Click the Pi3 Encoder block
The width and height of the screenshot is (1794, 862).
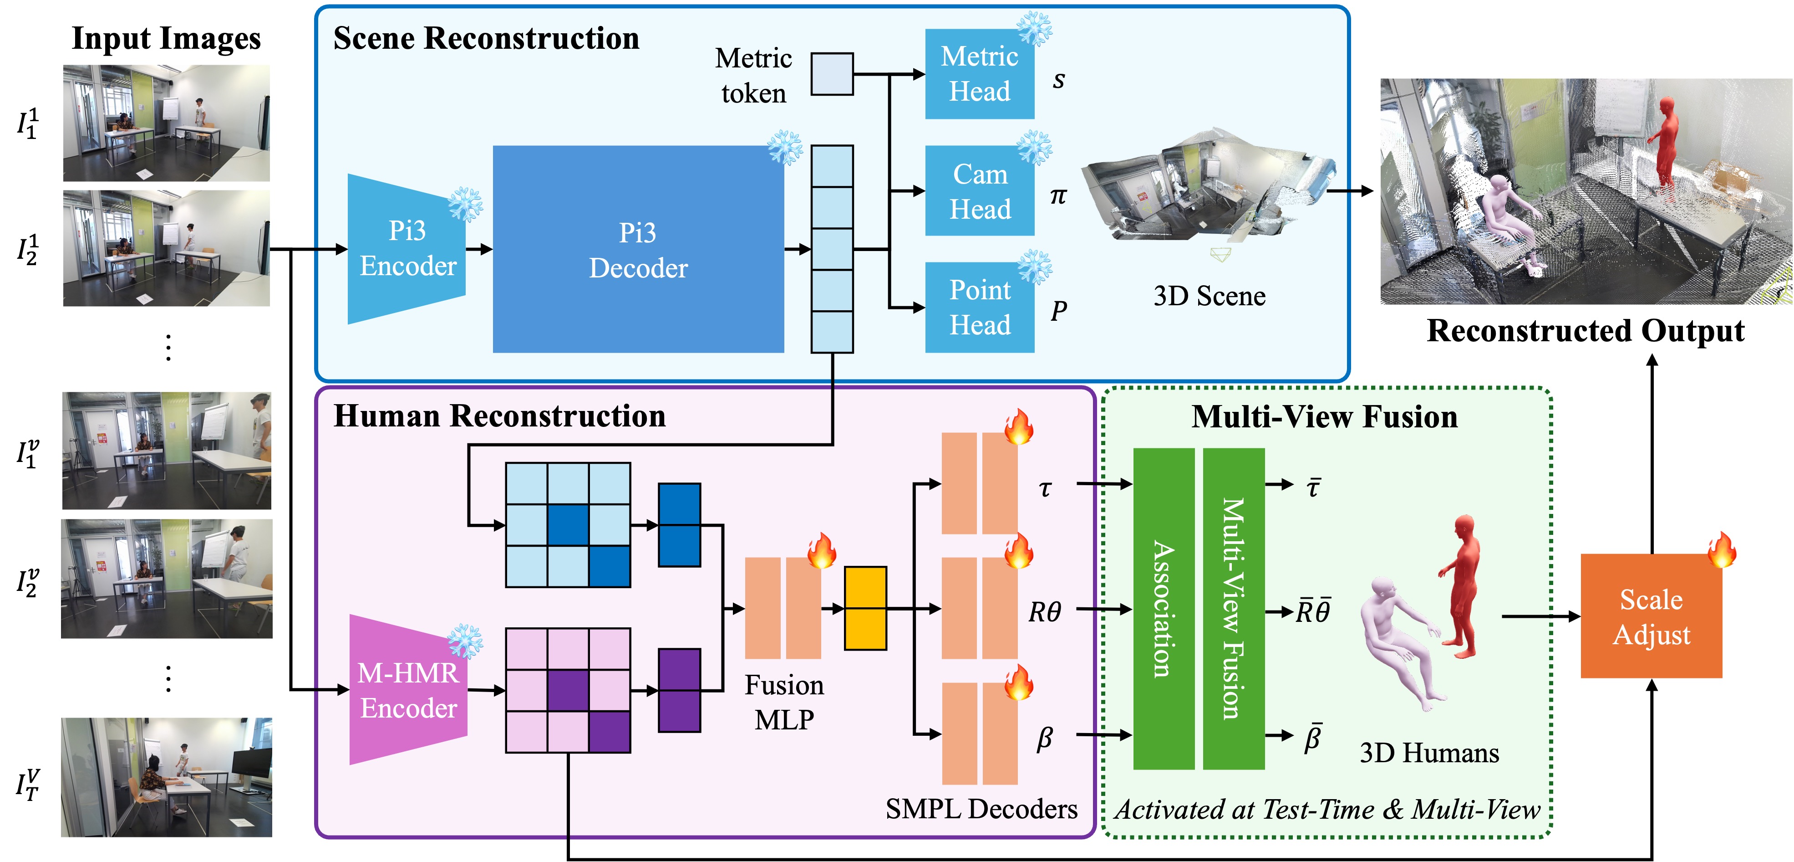click(x=407, y=249)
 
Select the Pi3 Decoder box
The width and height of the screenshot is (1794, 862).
click(x=638, y=250)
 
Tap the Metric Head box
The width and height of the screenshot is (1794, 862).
click(x=979, y=74)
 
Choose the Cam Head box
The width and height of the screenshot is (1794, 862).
click(x=979, y=191)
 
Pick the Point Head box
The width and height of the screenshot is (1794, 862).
click(x=979, y=308)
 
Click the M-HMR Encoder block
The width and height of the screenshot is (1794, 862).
click(x=408, y=690)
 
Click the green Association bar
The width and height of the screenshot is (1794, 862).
click(x=1163, y=608)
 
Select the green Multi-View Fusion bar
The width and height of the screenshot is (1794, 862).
click(x=1233, y=608)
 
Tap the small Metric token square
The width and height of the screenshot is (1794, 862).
click(x=832, y=74)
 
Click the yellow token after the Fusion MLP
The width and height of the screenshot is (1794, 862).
click(x=865, y=608)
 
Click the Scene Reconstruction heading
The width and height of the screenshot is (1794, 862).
click(x=486, y=38)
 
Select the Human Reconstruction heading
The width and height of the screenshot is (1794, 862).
click(x=499, y=416)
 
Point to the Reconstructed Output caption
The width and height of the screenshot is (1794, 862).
click(x=1585, y=330)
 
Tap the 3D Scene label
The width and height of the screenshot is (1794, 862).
click(x=1209, y=296)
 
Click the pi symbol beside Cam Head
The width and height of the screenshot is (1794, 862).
click(x=1058, y=196)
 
